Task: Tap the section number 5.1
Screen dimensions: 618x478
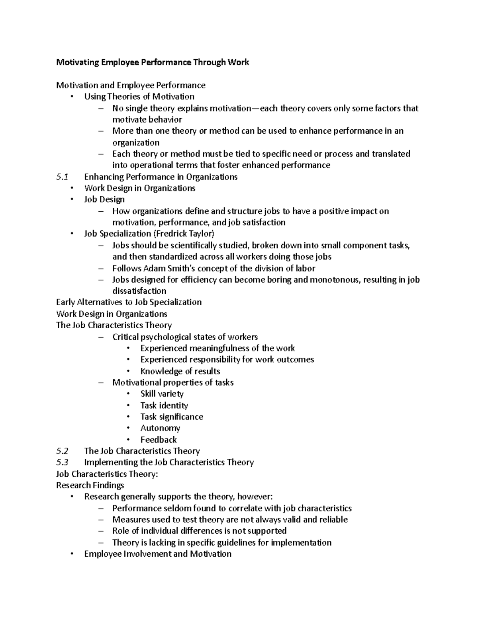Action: click(x=63, y=177)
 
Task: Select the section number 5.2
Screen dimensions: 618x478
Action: click(x=63, y=451)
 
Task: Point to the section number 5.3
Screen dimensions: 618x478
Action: click(x=63, y=462)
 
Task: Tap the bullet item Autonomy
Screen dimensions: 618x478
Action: click(x=160, y=428)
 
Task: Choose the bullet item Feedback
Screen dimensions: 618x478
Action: click(x=159, y=440)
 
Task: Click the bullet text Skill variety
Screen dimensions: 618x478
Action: click(x=162, y=394)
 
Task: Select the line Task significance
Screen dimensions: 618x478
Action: click(x=172, y=417)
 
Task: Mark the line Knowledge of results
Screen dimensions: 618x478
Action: click(x=180, y=371)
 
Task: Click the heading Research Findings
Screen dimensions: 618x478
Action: click(x=90, y=485)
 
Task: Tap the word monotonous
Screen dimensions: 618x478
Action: click(x=335, y=280)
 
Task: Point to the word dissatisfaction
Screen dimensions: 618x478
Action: click(x=139, y=291)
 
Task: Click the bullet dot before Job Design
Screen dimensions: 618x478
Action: click(x=72, y=200)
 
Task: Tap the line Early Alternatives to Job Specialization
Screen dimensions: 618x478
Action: click(x=129, y=302)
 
